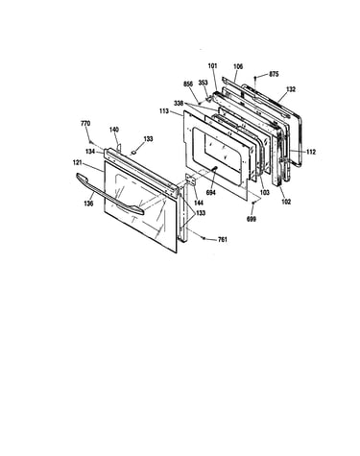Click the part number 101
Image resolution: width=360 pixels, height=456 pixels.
click(212, 66)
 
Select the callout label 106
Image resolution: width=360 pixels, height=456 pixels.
click(238, 66)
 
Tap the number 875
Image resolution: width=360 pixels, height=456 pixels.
click(274, 74)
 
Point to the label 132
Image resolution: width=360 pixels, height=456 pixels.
click(291, 89)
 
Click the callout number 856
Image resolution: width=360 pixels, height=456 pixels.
click(188, 84)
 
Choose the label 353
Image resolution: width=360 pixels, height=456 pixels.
click(203, 83)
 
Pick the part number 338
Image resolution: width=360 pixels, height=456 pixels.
click(179, 104)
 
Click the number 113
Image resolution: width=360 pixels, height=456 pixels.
click(164, 111)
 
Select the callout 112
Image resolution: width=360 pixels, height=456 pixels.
click(310, 152)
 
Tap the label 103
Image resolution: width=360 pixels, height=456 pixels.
click(265, 193)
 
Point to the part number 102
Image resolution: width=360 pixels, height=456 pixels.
click(286, 202)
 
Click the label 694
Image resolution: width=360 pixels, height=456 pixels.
click(211, 193)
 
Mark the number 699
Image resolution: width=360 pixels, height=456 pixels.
click(252, 219)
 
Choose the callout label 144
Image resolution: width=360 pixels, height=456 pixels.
click(199, 203)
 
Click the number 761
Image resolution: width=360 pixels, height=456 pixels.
click(223, 239)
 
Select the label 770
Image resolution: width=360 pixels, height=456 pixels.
click(85, 123)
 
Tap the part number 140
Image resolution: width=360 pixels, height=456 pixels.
click(114, 130)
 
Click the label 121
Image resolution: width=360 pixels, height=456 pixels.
click(78, 162)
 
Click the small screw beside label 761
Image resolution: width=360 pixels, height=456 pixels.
click(204, 237)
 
